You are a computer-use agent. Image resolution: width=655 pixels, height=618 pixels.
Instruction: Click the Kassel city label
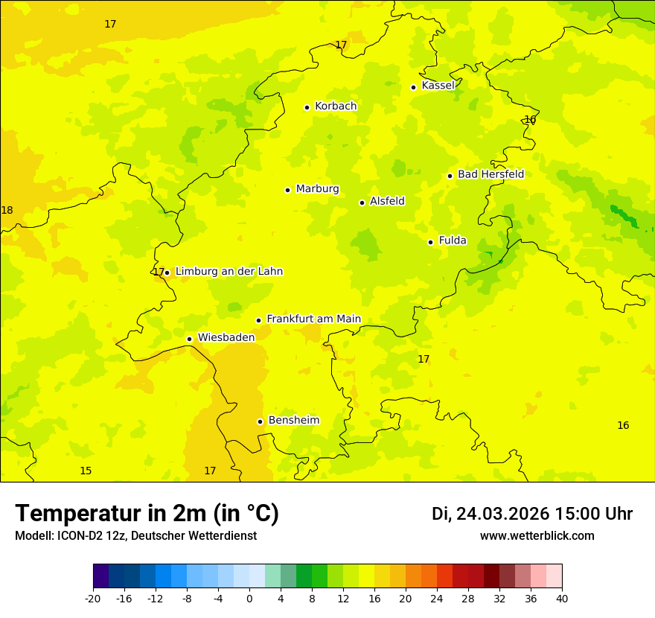(x=438, y=86)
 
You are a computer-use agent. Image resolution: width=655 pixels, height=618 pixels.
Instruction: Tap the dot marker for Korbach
(x=307, y=107)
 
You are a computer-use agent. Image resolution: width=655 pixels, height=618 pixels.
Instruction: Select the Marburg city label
(x=317, y=189)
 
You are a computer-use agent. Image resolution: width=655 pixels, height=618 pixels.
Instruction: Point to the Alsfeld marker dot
(x=362, y=203)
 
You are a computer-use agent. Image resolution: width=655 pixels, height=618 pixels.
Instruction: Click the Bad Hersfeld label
(x=491, y=174)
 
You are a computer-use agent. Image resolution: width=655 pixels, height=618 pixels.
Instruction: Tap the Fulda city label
(x=453, y=240)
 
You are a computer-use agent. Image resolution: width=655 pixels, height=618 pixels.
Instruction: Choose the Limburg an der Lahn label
(x=229, y=272)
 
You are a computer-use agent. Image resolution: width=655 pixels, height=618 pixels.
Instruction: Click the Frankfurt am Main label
(x=313, y=319)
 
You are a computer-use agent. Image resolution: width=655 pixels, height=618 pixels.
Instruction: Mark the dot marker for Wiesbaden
(x=189, y=340)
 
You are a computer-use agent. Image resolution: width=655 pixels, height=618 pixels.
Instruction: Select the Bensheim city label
(x=293, y=421)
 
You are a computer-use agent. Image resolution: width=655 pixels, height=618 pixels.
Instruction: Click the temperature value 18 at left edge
(x=7, y=211)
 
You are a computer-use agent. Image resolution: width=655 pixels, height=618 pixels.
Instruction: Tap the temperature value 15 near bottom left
(x=86, y=471)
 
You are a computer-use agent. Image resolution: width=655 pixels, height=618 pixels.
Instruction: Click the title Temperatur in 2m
(x=147, y=514)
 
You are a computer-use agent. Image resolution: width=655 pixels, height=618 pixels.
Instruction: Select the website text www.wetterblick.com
(x=537, y=536)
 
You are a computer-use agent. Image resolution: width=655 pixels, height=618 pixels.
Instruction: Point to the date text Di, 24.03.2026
(x=491, y=514)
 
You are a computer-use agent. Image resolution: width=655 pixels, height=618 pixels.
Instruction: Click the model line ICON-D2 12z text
(x=135, y=536)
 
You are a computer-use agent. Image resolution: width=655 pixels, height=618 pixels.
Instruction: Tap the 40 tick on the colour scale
(x=561, y=599)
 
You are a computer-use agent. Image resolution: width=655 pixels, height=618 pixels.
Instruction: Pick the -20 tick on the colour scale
(x=93, y=599)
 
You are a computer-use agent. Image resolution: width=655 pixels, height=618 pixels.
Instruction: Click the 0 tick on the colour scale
(x=249, y=599)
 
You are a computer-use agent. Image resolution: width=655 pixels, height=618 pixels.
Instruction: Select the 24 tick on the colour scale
(x=437, y=599)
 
